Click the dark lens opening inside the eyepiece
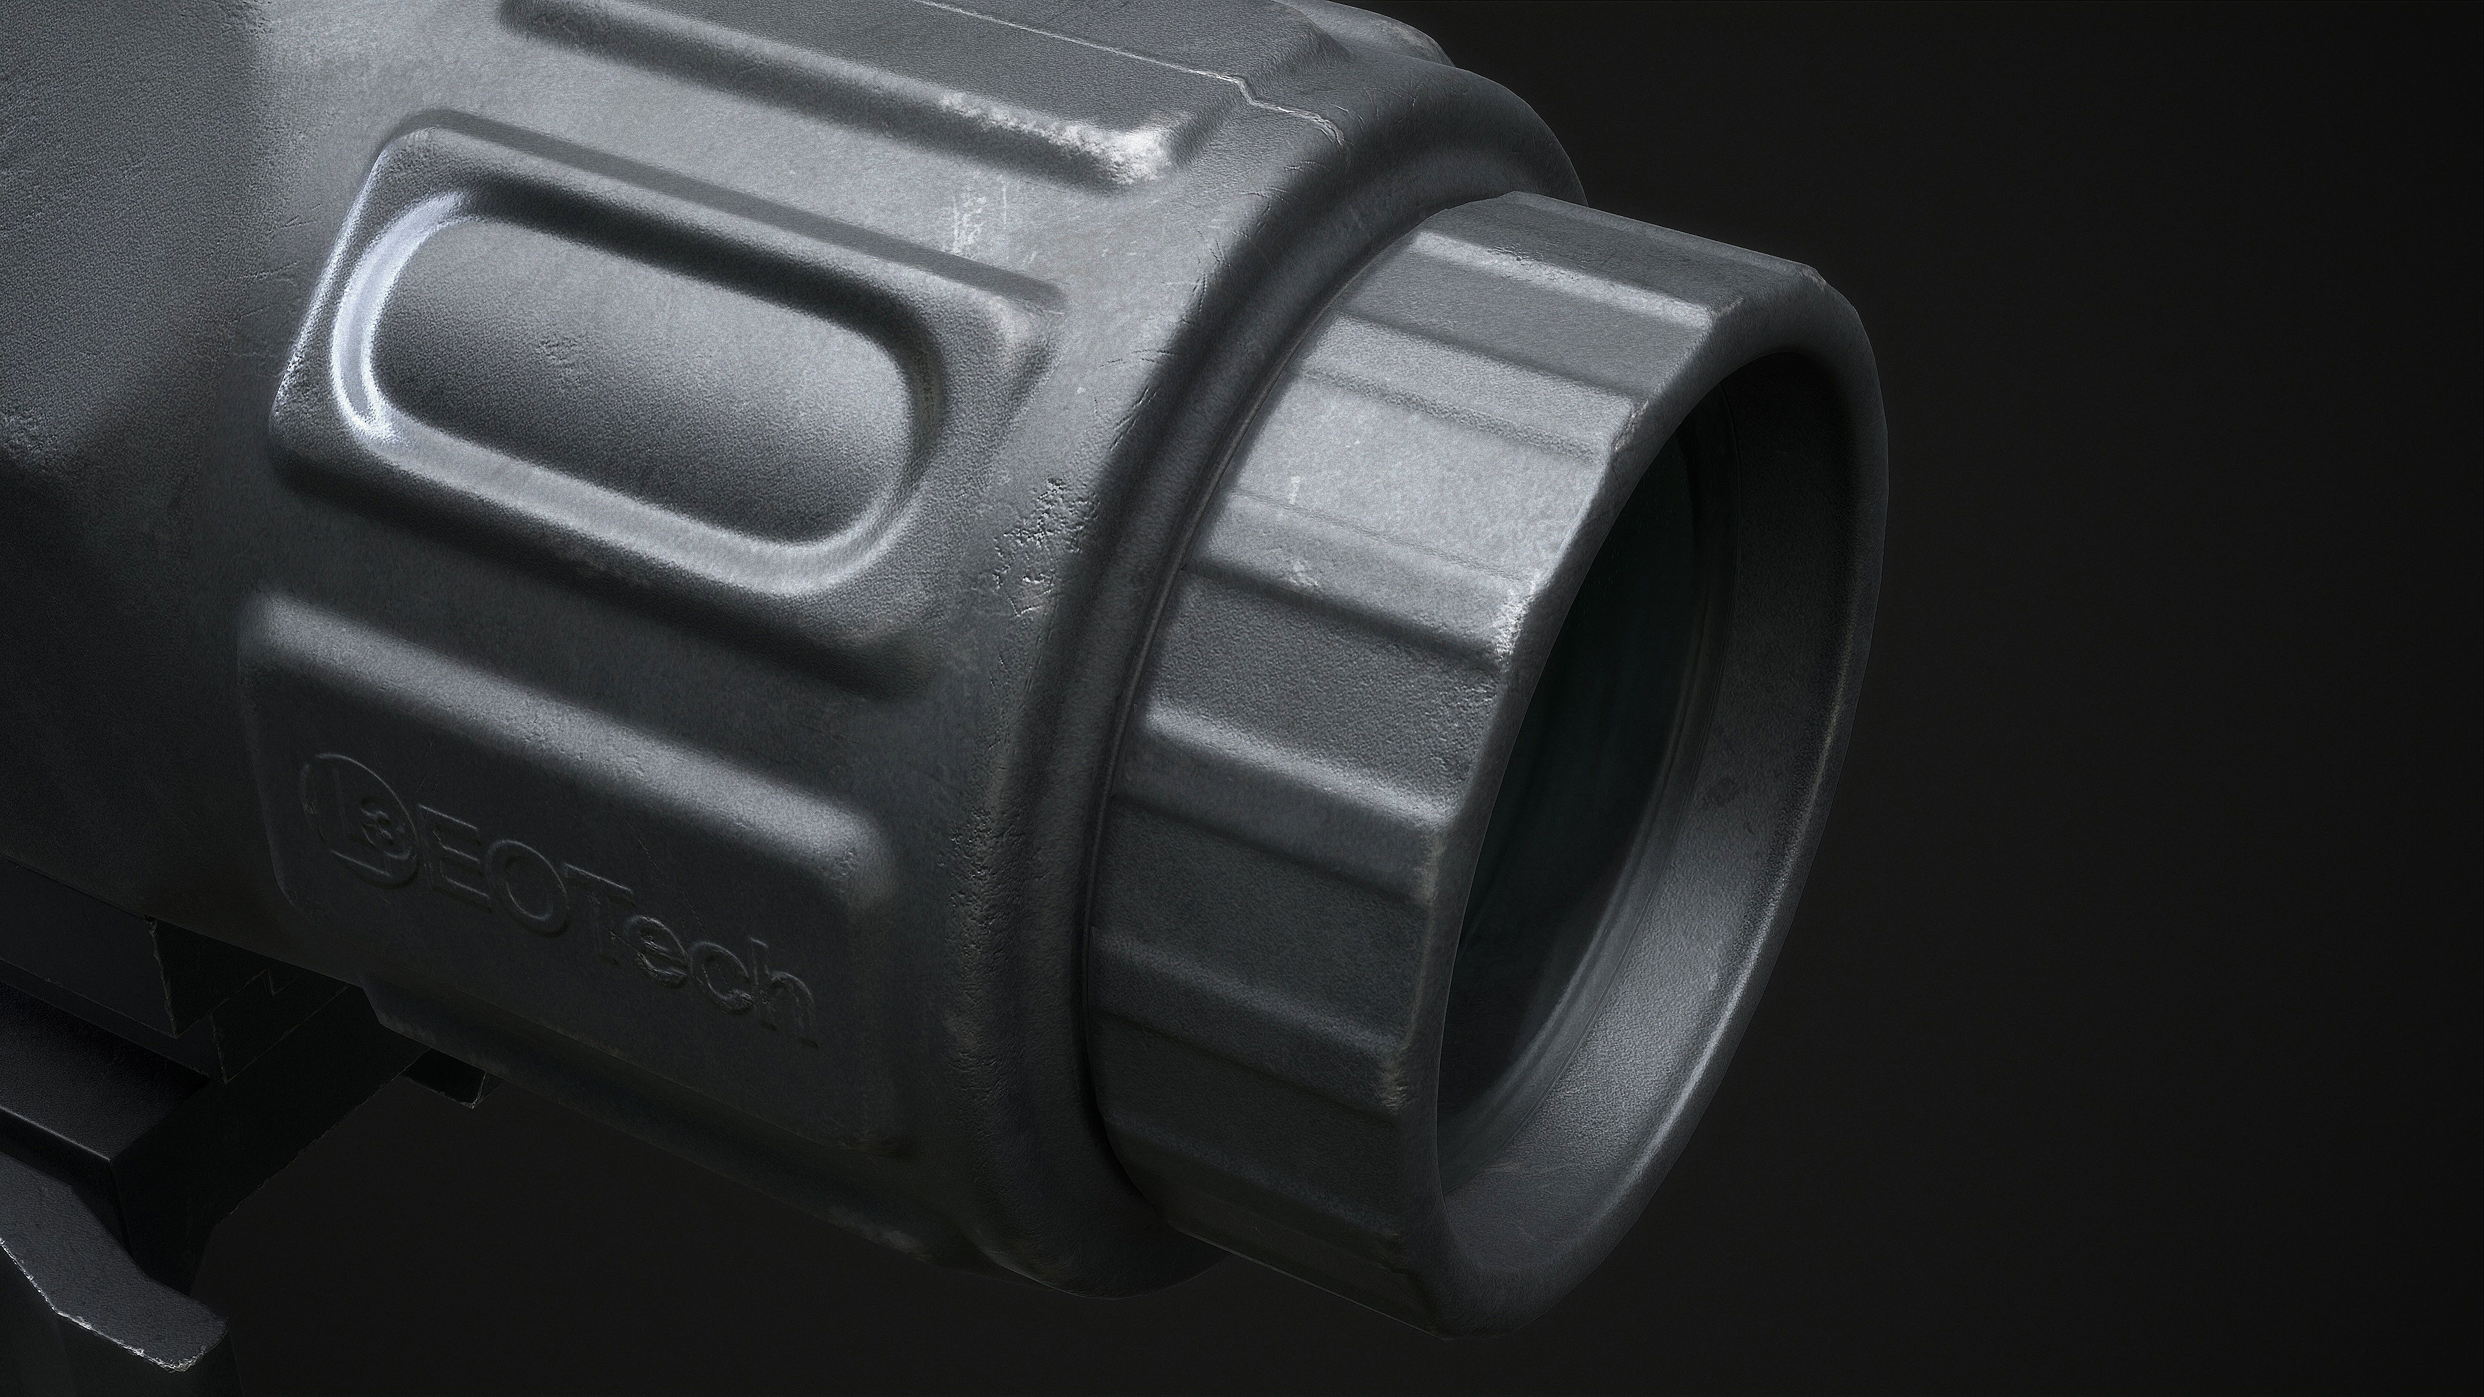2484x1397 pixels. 1582,819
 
